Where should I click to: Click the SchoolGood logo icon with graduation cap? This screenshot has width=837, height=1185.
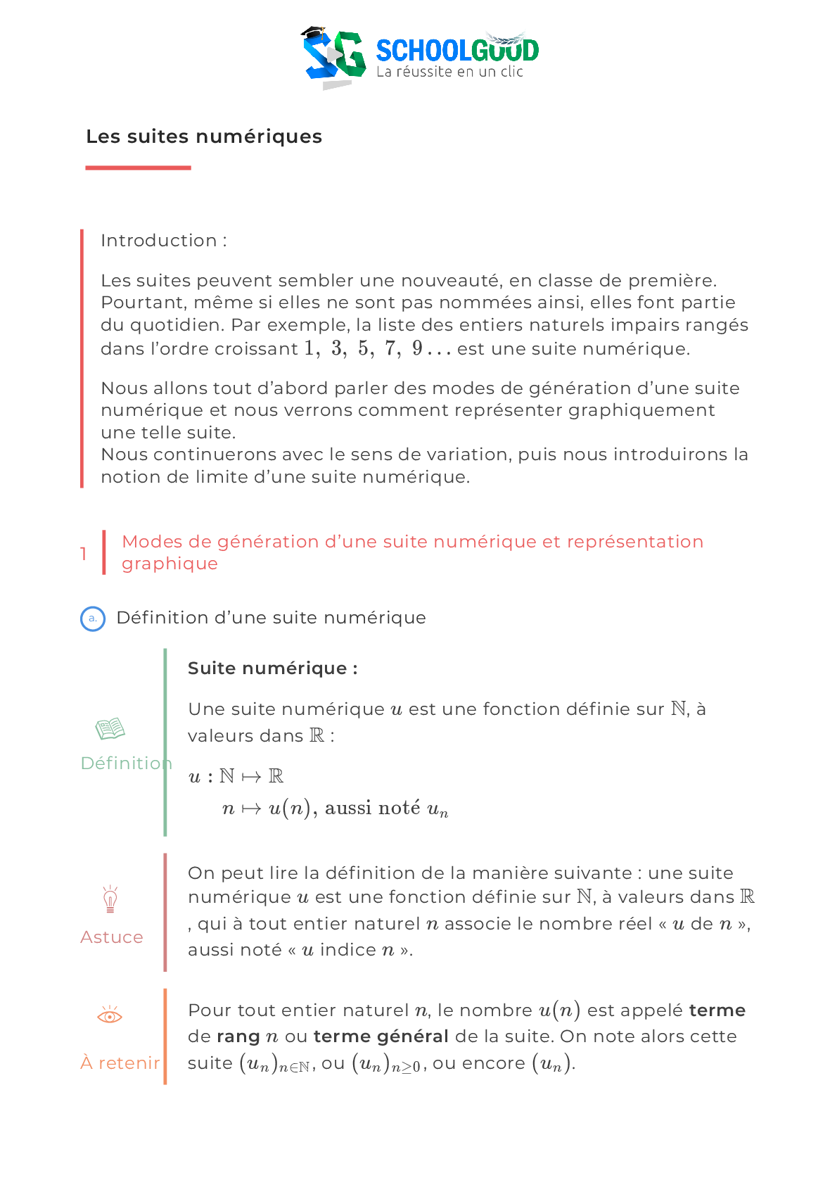pyautogui.click(x=334, y=56)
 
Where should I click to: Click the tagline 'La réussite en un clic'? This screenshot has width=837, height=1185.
pyautogui.click(x=449, y=72)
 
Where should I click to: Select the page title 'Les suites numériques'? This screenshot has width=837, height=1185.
pyautogui.click(x=204, y=137)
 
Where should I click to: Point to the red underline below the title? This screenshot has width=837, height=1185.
pyautogui.click(x=138, y=167)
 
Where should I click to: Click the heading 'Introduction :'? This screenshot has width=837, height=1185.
pyautogui.click(x=163, y=241)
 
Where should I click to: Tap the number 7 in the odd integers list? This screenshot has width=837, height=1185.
pyautogui.click(x=391, y=348)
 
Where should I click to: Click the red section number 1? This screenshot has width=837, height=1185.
pyautogui.click(x=84, y=554)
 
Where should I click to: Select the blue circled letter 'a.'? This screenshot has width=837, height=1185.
pyautogui.click(x=93, y=619)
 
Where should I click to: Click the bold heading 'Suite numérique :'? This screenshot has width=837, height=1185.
pyautogui.click(x=272, y=668)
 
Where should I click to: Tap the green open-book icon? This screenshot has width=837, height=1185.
pyautogui.click(x=110, y=728)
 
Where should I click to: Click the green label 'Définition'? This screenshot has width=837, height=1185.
pyautogui.click(x=125, y=763)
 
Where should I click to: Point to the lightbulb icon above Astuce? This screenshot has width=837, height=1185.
pyautogui.click(x=110, y=899)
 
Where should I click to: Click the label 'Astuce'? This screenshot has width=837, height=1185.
pyautogui.click(x=112, y=937)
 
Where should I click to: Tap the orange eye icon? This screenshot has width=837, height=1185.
pyautogui.click(x=110, y=1015)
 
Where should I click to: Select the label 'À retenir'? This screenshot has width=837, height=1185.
pyautogui.click(x=120, y=1063)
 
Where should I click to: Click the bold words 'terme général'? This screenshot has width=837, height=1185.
pyautogui.click(x=381, y=1037)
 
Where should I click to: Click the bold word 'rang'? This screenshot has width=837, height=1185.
pyautogui.click(x=238, y=1037)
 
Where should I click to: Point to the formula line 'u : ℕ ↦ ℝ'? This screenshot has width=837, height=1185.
pyautogui.click(x=236, y=776)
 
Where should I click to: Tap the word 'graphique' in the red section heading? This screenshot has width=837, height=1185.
pyautogui.click(x=170, y=564)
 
